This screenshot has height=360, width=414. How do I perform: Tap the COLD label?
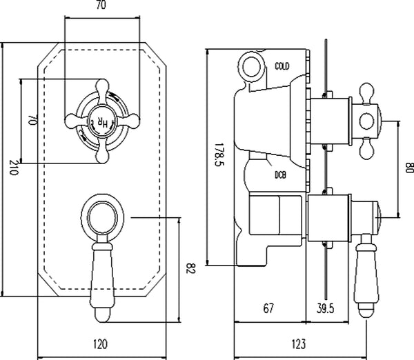(282, 66)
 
